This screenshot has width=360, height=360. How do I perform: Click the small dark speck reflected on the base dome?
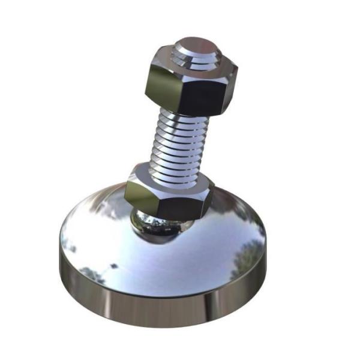[x=113, y=265]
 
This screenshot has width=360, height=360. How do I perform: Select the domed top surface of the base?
[x=180, y=258]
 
